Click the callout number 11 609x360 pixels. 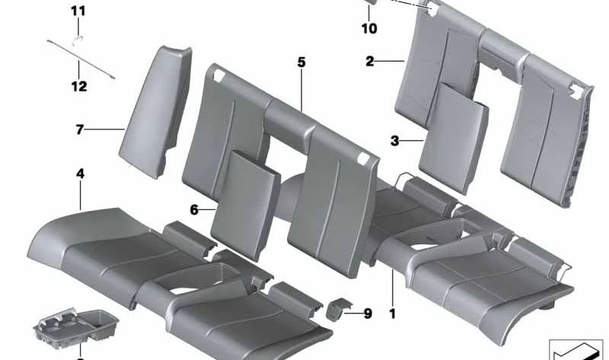(x=79, y=11)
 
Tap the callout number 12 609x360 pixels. (x=79, y=87)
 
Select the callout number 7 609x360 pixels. (x=78, y=130)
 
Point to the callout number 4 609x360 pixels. (x=80, y=174)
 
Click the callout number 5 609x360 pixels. (x=301, y=62)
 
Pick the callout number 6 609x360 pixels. (x=194, y=209)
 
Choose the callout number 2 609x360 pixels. (x=369, y=61)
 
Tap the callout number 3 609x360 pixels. (x=394, y=141)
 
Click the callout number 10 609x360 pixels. (x=369, y=30)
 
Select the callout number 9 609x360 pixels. (x=368, y=312)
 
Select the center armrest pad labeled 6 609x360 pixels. (x=241, y=194)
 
